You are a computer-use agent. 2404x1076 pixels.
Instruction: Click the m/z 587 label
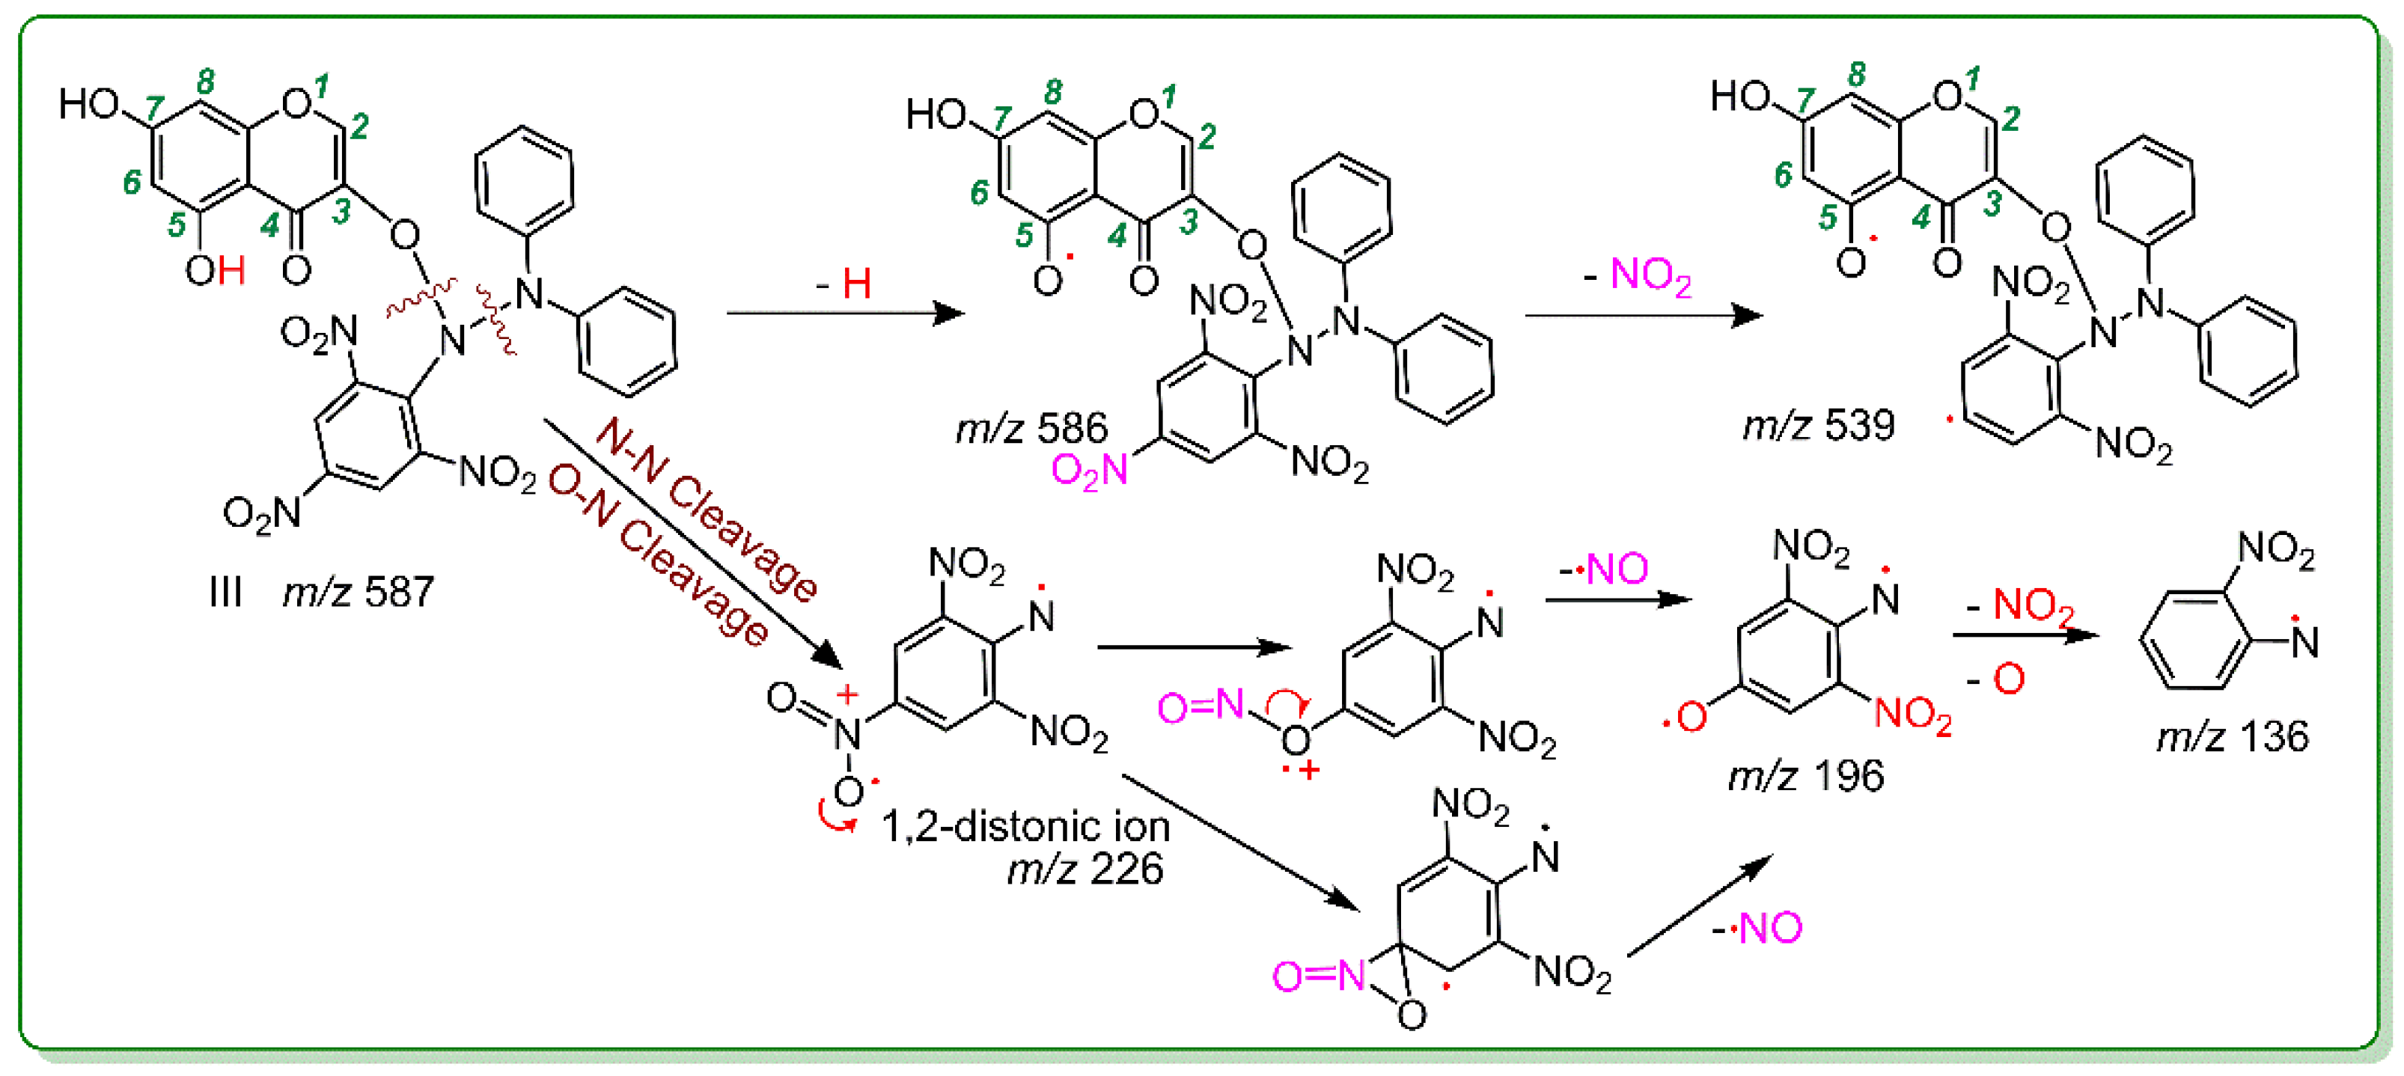tap(359, 593)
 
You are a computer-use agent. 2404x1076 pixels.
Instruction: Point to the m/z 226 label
tap(1084, 869)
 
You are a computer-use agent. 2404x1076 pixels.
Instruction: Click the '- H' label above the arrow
tap(844, 283)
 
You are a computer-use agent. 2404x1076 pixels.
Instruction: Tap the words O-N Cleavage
tap(658, 555)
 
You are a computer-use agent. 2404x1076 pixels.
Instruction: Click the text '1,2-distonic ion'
tap(1025, 827)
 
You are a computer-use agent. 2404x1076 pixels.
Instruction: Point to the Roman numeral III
tap(226, 593)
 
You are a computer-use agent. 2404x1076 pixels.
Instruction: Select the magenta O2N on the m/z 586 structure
tap(1089, 471)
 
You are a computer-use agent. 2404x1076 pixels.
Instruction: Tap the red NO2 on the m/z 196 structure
tap(1913, 715)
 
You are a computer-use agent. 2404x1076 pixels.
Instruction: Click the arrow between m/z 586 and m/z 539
tap(1643, 317)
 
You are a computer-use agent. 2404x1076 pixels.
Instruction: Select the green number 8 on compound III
tap(205, 82)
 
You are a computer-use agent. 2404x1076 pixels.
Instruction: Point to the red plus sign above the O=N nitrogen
tap(846, 694)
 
